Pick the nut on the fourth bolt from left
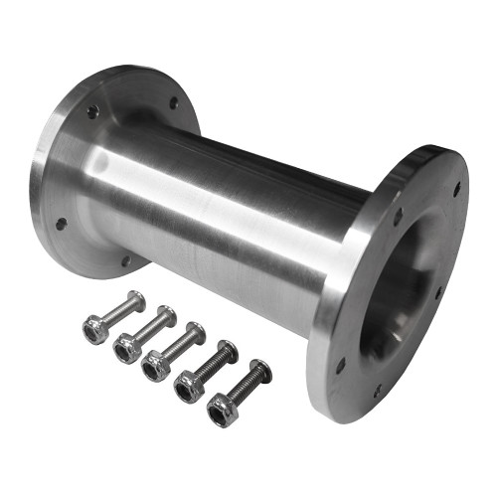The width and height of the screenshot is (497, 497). coord(188,387)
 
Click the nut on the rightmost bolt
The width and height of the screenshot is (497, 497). coord(222,409)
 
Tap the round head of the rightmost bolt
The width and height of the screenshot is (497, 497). coord(260,372)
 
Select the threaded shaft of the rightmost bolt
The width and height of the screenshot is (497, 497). coord(244,389)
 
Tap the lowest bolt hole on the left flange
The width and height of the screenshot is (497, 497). coord(125,260)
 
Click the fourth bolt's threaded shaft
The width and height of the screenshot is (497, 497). coord(211,367)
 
